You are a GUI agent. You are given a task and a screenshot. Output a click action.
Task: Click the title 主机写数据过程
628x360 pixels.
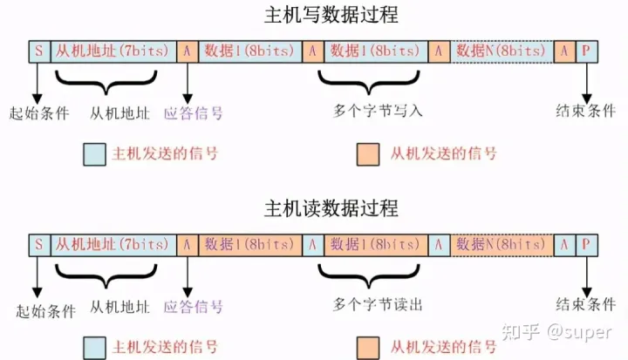(x=331, y=15)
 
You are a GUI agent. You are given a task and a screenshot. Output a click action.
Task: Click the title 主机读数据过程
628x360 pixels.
(x=331, y=208)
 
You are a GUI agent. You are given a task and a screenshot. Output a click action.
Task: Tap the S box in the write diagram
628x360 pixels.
(x=39, y=51)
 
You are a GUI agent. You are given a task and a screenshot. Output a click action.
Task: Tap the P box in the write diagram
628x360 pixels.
(x=587, y=51)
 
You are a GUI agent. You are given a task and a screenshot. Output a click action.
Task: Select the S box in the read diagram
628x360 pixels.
(x=39, y=245)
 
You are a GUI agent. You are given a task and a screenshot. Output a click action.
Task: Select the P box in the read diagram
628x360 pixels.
(x=587, y=245)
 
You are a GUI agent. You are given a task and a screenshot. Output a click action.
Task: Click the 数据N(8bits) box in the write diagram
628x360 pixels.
(x=502, y=51)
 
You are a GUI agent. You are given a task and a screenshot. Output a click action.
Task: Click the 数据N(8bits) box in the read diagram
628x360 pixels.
(x=502, y=245)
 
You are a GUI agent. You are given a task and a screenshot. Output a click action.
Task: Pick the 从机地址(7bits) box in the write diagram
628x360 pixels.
(x=113, y=51)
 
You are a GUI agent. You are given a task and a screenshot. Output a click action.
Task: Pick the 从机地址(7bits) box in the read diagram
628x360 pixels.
(x=113, y=245)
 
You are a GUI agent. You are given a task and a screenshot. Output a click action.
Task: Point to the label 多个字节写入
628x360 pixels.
(x=378, y=111)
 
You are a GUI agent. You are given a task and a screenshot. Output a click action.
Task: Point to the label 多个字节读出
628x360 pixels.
(x=378, y=305)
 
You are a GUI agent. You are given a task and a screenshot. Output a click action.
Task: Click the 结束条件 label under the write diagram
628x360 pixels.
(x=585, y=111)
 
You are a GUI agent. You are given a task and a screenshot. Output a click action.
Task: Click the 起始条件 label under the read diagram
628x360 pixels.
(x=45, y=310)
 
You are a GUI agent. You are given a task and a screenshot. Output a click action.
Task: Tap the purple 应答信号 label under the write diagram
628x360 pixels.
(x=193, y=113)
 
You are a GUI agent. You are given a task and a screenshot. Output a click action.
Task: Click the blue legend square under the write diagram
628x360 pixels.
(x=94, y=154)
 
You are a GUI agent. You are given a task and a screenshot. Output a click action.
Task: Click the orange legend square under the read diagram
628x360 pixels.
(x=368, y=348)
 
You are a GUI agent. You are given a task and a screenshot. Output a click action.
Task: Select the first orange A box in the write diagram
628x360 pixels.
(x=188, y=51)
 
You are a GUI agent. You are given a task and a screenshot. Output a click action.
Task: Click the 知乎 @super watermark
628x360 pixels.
(x=556, y=332)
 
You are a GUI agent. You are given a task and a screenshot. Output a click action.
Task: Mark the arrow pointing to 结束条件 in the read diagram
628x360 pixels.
(x=587, y=277)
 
